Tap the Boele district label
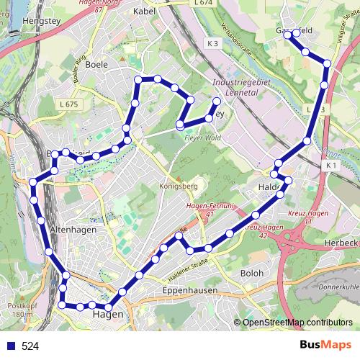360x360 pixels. pos(96,64)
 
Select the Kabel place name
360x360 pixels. pos(145,12)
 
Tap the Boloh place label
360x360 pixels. pos(251,274)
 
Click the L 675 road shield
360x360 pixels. pos(69,105)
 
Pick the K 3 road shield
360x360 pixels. pos(212,44)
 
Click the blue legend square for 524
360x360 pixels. pos(11,346)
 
